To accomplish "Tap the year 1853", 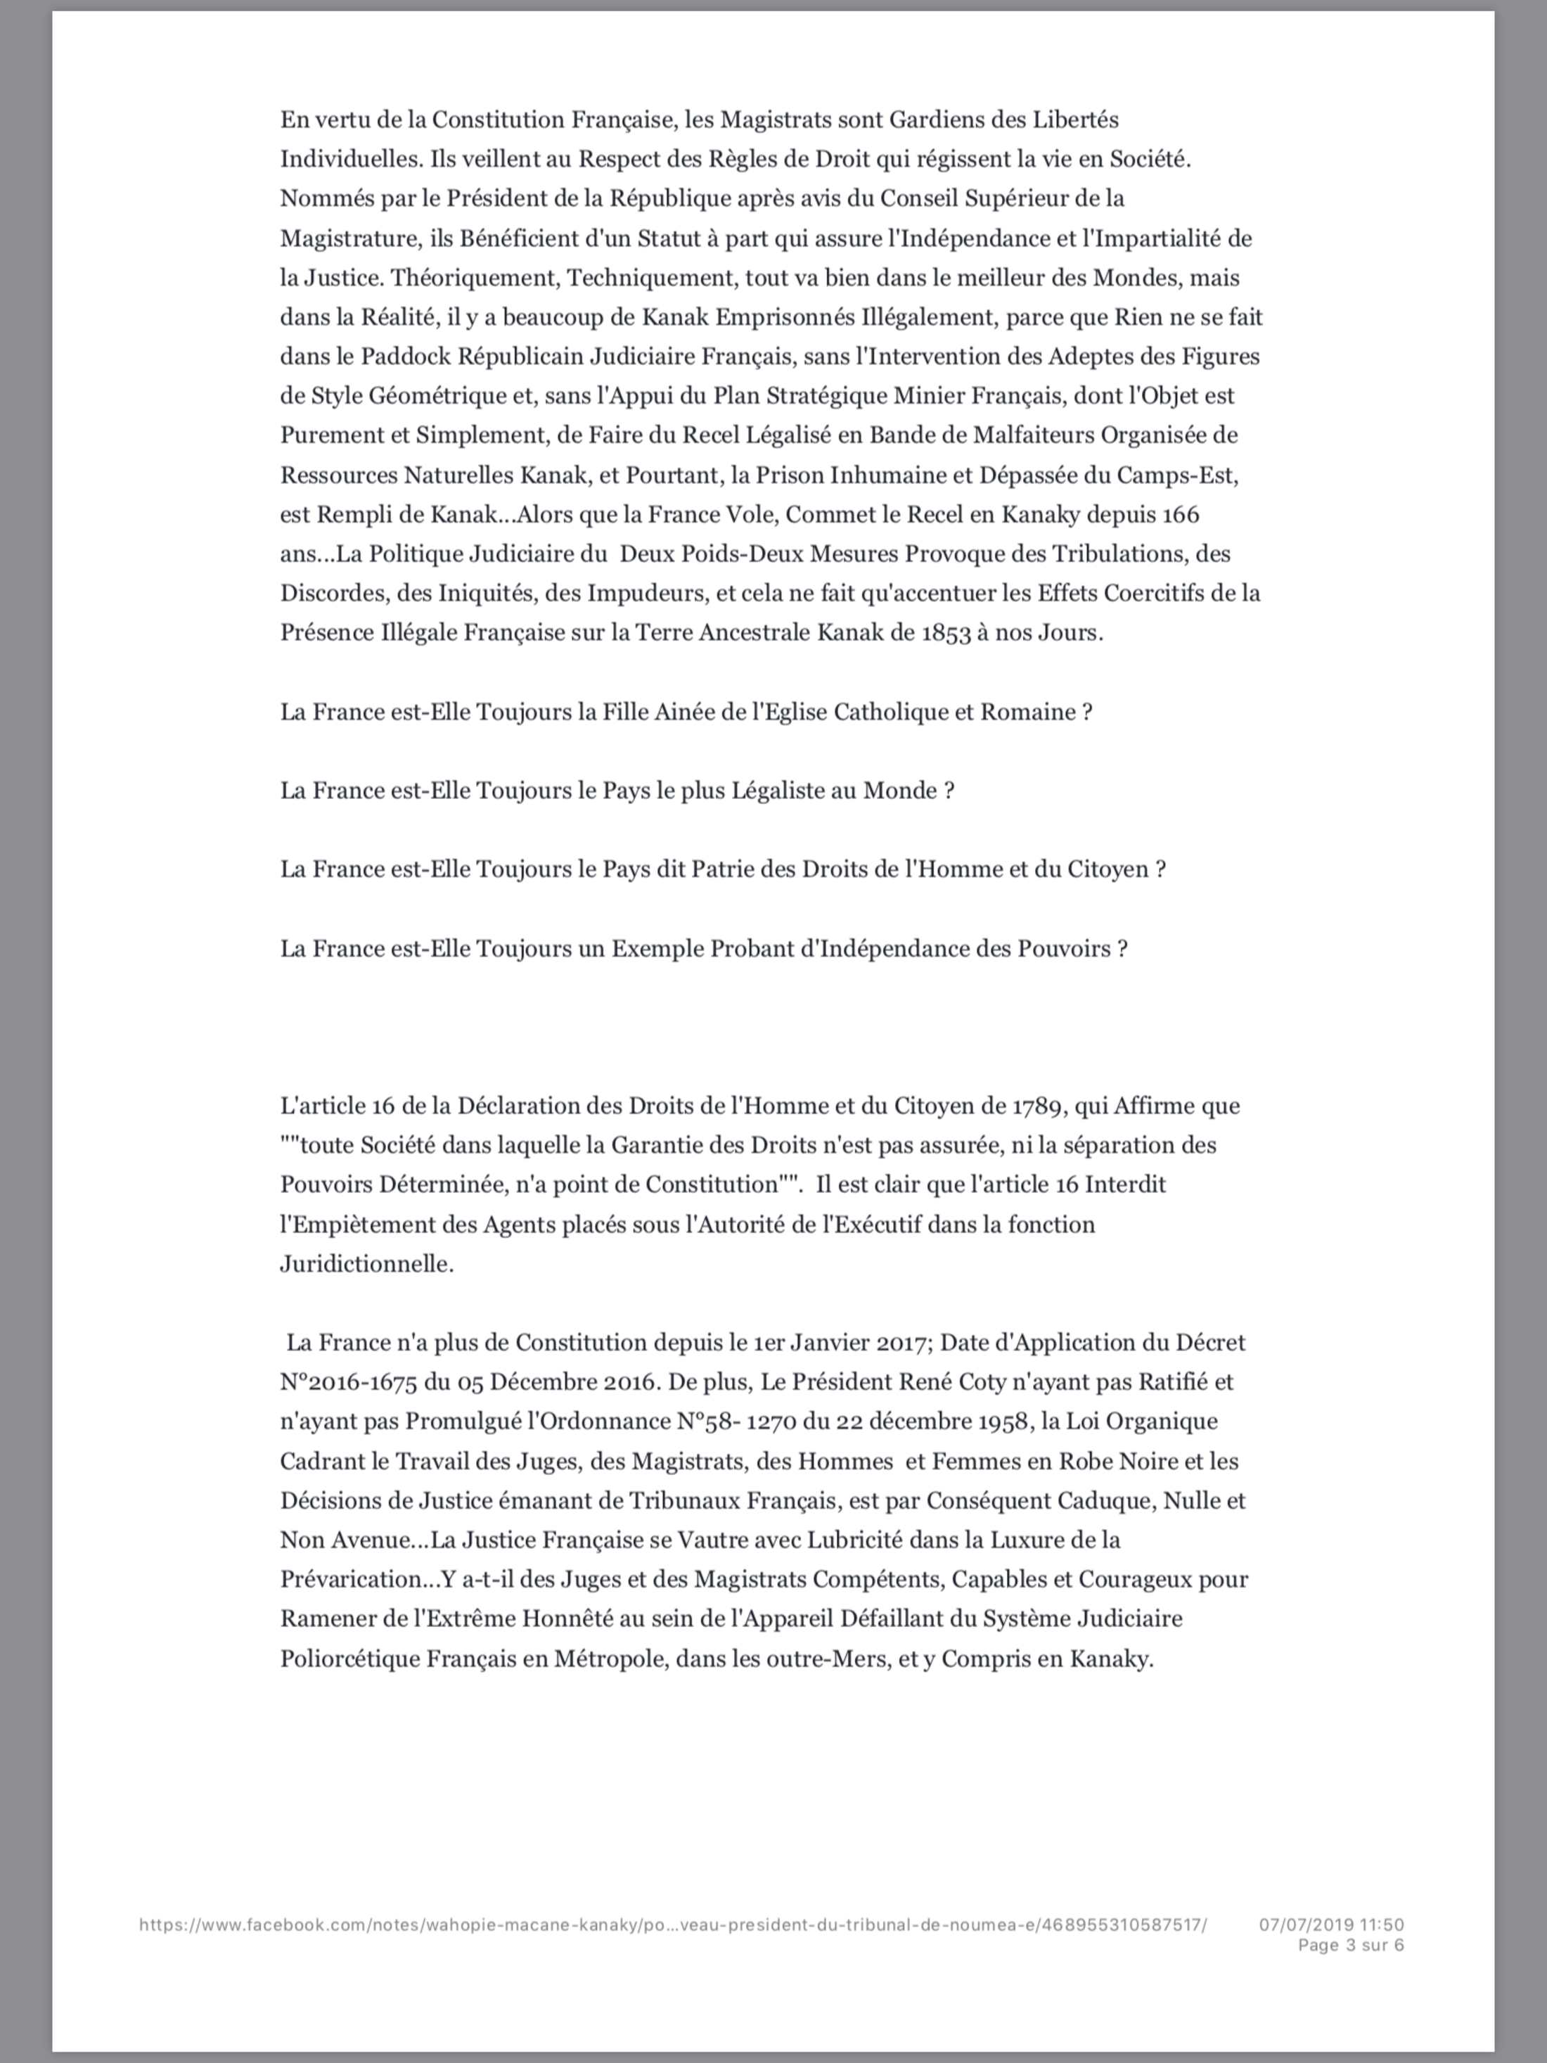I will point(946,632).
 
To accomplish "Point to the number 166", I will point(1181,514).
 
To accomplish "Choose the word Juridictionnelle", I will point(366,1264).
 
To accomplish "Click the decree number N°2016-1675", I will point(348,1381).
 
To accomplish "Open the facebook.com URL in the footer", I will point(672,1917).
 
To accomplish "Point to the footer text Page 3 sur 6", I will point(1350,1937).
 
